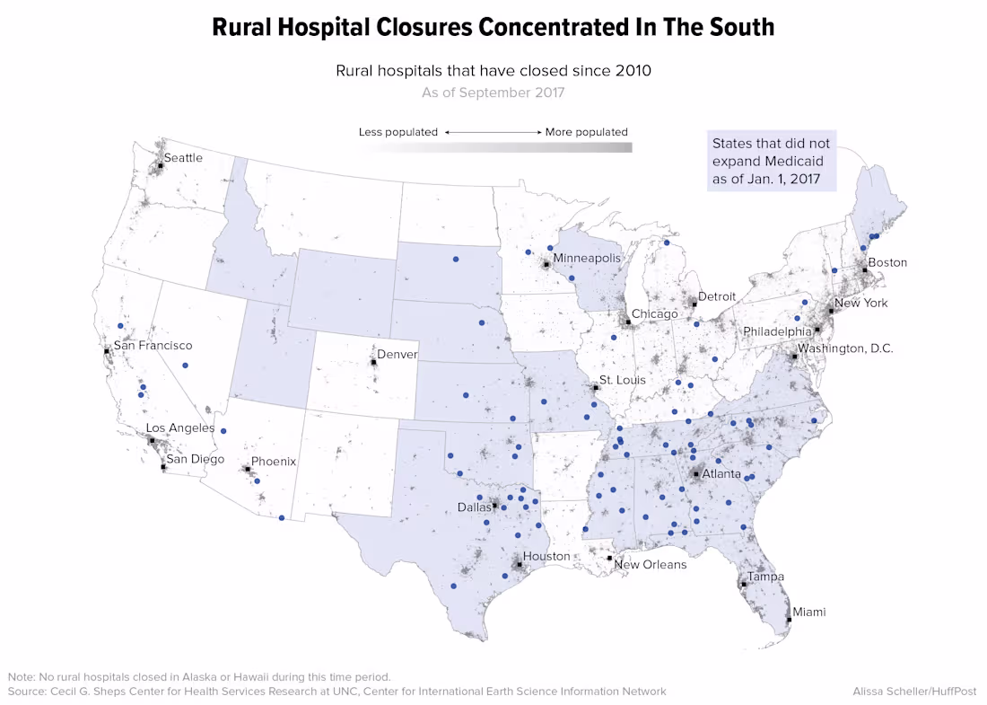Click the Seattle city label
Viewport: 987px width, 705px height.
[182, 158]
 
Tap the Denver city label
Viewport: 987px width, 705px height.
[397, 355]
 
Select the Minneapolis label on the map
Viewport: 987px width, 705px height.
[587, 258]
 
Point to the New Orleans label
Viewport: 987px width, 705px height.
[650, 565]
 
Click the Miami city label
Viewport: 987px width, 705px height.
[808, 612]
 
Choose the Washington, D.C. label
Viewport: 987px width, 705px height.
[845, 348]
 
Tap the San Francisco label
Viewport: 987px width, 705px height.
[153, 346]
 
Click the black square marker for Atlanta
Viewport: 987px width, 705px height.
[695, 473]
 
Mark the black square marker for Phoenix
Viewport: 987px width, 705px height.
[247, 469]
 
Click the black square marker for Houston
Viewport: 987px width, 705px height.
[519, 564]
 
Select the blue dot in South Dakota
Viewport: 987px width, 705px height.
[455, 259]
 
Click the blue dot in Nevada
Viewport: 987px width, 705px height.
[185, 366]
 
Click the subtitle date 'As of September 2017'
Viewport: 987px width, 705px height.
[493, 93]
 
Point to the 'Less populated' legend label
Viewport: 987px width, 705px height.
[397, 132]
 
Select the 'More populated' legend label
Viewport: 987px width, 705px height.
[586, 132]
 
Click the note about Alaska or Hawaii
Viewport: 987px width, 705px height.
[199, 676]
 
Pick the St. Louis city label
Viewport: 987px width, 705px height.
[623, 380]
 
